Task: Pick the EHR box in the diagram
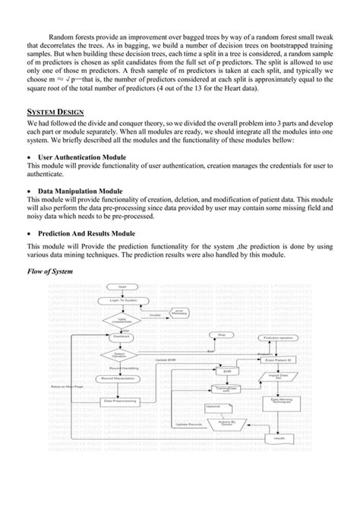(x=226, y=371)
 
